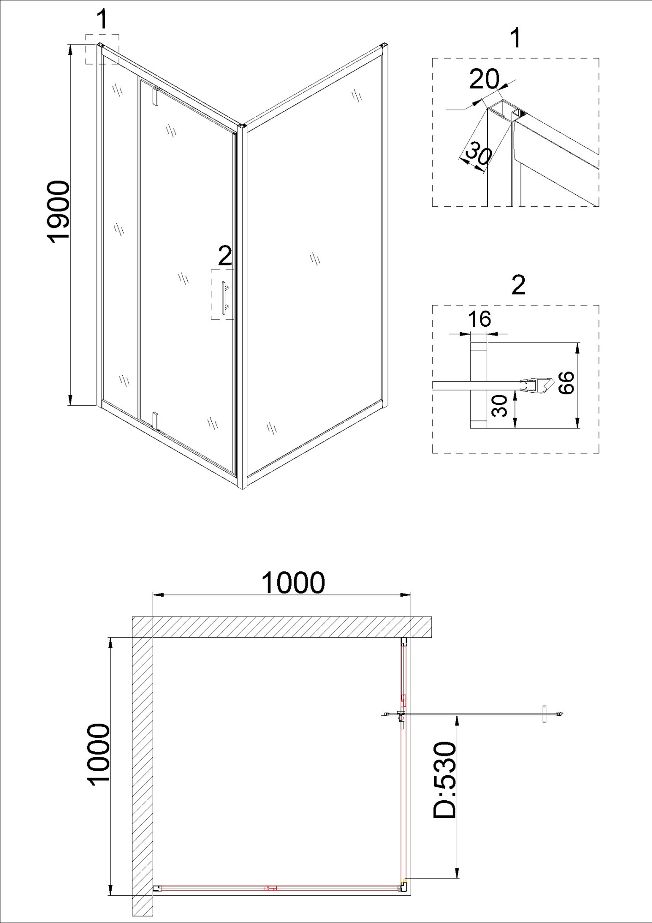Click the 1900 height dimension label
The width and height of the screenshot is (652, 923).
click(x=59, y=211)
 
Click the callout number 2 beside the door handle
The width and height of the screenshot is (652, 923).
click(x=225, y=256)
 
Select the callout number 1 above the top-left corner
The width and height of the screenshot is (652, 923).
click(x=102, y=20)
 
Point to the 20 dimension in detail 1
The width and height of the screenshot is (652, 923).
click(x=484, y=79)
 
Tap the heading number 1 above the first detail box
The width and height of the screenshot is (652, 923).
click(x=516, y=38)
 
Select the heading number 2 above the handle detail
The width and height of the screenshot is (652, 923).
click(x=518, y=285)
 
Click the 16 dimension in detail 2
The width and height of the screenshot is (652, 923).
click(x=479, y=319)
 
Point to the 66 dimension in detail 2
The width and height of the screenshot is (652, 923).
click(x=566, y=382)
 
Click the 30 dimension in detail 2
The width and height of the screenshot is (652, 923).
click(x=500, y=406)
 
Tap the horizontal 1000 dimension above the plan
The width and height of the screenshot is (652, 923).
click(x=293, y=583)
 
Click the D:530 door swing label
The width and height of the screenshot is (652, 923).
click(x=445, y=780)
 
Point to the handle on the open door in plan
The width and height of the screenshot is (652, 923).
click(x=544, y=714)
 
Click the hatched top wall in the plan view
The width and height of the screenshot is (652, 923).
click(x=281, y=627)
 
